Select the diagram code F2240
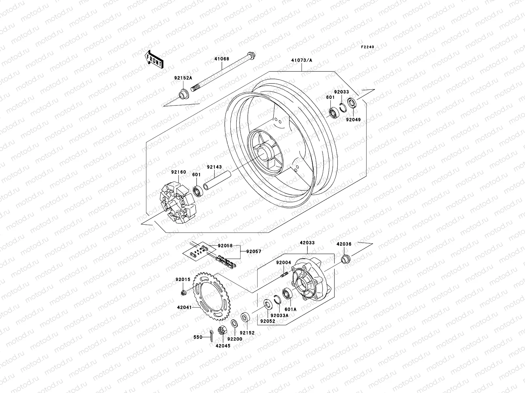(x=367, y=47)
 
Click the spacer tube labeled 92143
(x=214, y=182)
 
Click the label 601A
(x=290, y=309)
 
